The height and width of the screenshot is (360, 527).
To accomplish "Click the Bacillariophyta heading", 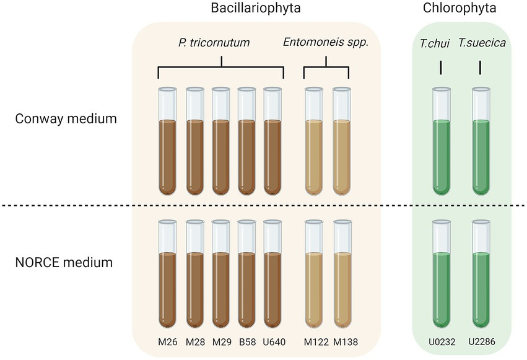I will tap(256, 9).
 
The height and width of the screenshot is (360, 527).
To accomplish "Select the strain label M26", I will tap(168, 341).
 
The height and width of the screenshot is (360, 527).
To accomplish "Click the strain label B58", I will tap(247, 341).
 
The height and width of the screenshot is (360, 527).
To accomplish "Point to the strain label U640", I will tap(273, 341).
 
